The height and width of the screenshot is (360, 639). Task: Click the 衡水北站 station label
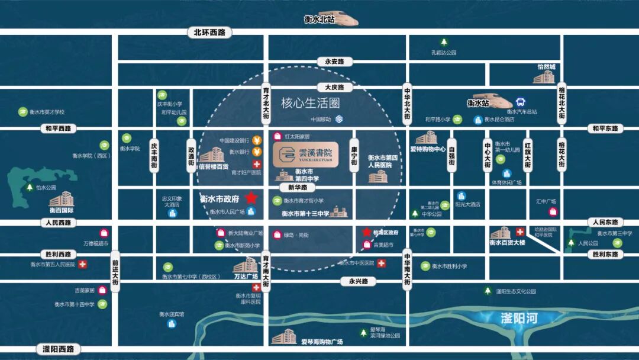tap(319, 19)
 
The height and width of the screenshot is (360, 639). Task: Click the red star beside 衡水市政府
tap(251, 198)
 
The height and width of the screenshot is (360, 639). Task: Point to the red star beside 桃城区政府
tap(366, 232)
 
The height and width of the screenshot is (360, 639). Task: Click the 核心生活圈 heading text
tap(311, 103)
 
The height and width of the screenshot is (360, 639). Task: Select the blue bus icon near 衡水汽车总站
tap(521, 102)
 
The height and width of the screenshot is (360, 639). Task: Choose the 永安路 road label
tap(334, 61)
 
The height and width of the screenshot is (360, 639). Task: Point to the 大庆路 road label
tap(334, 87)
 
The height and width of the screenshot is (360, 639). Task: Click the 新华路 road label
tap(298, 187)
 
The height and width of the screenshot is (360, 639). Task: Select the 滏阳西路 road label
tap(58, 349)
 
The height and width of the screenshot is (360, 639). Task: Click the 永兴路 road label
tap(359, 281)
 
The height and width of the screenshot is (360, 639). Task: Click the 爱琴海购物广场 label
tap(322, 342)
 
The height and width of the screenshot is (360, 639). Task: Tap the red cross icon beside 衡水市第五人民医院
tap(83, 264)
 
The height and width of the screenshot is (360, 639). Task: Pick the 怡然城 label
tap(546, 67)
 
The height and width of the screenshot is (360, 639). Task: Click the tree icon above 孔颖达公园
tap(444, 42)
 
